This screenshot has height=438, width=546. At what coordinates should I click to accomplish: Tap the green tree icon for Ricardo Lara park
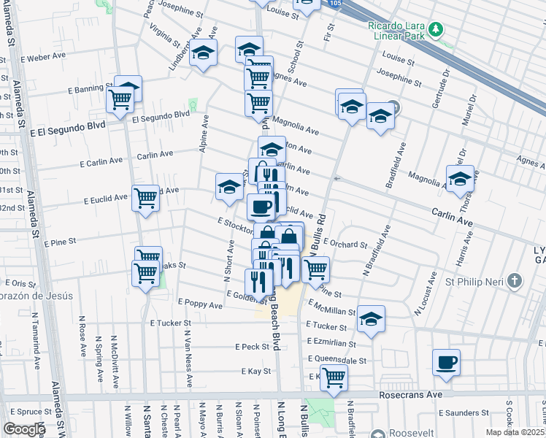pos(437,29)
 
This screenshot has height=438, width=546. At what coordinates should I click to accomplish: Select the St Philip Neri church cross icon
pos(515,280)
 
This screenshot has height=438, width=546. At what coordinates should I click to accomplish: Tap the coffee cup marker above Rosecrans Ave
pos(446,362)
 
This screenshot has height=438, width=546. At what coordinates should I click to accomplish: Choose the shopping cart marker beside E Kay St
pos(334,377)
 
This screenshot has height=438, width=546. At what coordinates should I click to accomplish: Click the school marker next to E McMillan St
pos(371,318)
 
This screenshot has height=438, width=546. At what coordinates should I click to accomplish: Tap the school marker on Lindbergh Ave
pos(203,52)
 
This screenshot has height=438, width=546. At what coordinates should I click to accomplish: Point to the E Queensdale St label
pos(337,360)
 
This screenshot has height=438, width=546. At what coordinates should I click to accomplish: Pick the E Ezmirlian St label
pos(331,342)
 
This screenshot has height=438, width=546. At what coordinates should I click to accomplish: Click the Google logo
pos(23,429)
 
